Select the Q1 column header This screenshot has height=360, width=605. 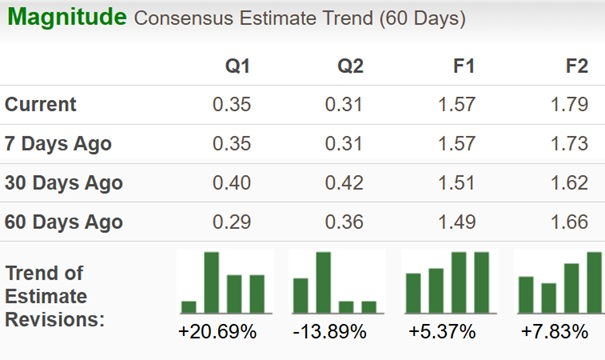237,67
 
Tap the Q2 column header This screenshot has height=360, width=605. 349,67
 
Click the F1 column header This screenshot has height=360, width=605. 464,67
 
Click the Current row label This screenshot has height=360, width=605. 41,105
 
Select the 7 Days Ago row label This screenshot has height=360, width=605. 58,144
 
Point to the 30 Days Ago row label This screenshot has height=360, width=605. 64,183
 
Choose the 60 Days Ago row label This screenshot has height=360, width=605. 64,222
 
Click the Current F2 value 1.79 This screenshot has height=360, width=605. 569,105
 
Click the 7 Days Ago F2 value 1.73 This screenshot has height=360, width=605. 569,144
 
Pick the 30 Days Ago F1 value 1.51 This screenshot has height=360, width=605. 457,183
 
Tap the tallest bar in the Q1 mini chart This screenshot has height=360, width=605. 212,282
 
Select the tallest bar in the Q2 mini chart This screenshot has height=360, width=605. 323,282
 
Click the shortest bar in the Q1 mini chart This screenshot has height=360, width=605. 189,306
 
